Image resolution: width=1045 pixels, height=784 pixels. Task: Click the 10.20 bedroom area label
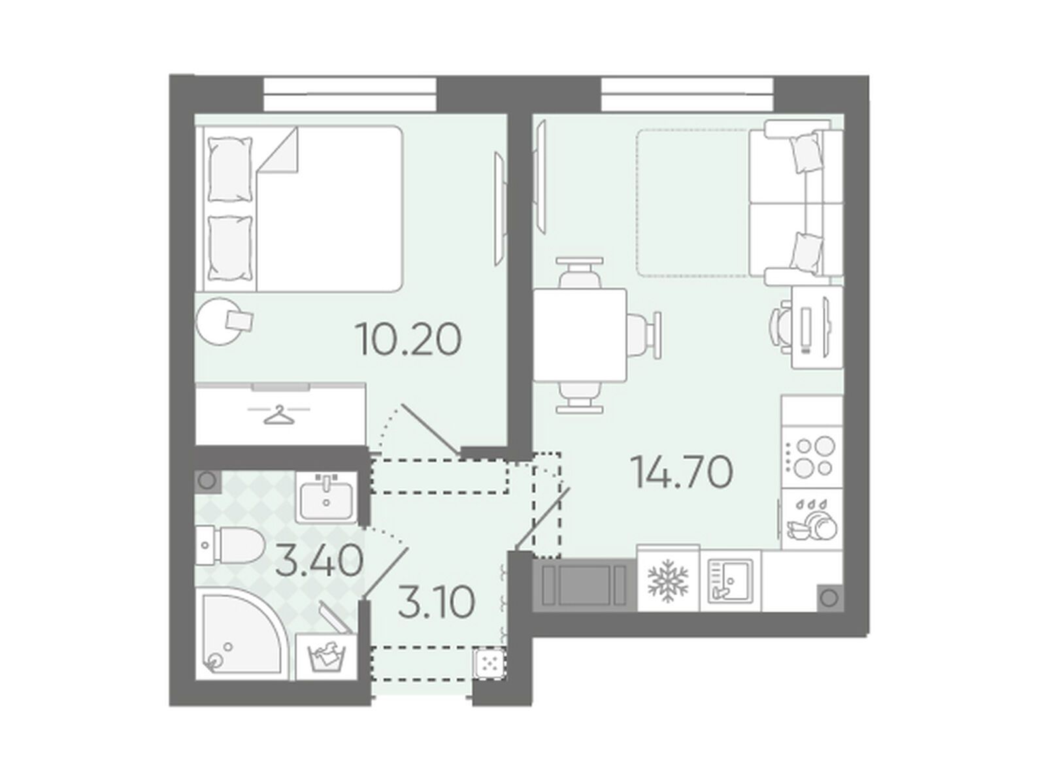tap(408, 339)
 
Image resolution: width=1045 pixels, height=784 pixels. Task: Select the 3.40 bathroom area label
tap(320, 561)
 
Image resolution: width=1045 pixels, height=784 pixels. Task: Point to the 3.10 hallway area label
tap(437, 602)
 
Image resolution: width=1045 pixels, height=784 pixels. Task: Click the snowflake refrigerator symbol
tap(668, 583)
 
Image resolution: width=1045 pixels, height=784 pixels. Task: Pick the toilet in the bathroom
tap(231, 546)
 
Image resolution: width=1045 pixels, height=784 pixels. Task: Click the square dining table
tap(580, 335)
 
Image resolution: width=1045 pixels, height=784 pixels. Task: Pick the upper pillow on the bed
tap(231, 169)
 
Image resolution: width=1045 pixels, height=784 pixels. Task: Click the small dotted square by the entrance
tap(489, 662)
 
